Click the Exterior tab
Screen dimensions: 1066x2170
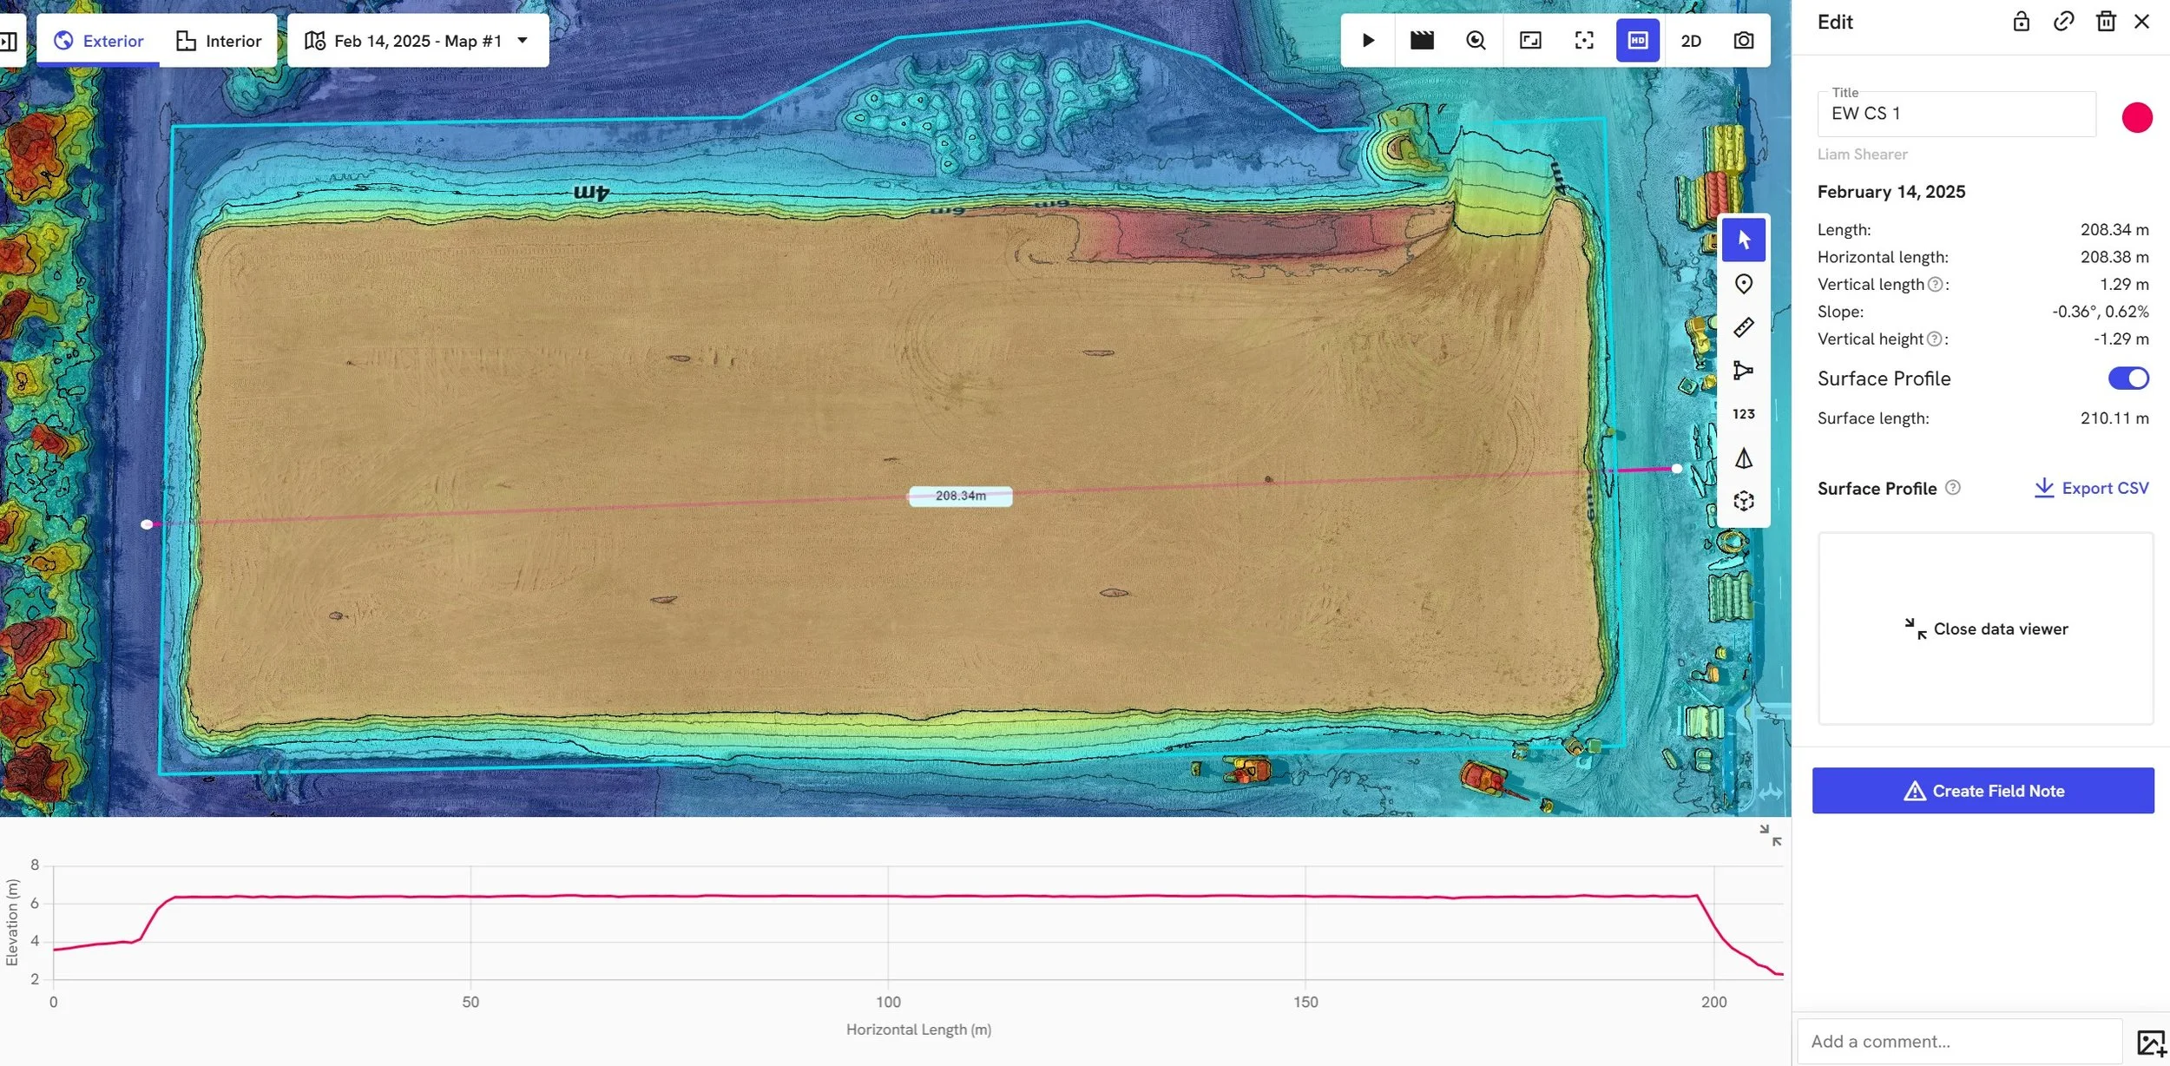click(x=99, y=41)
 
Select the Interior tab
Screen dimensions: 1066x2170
click(x=219, y=41)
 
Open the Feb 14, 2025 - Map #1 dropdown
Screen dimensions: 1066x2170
click(x=418, y=41)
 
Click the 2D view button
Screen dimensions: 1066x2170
click(x=1690, y=41)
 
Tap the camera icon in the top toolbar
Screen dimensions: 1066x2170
click(x=1743, y=41)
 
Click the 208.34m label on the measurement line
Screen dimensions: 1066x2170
click(x=960, y=496)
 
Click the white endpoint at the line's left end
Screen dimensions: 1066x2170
click(x=147, y=524)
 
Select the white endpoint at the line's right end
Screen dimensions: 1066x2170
click(x=1677, y=469)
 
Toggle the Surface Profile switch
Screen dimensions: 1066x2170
click(x=2127, y=378)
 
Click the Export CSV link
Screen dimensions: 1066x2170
click(x=2091, y=488)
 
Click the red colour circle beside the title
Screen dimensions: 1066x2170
click(x=2136, y=117)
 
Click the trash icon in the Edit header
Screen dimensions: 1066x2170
click(x=2105, y=22)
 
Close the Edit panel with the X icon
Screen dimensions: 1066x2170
click(x=2141, y=22)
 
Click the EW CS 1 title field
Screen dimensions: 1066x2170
click(x=1956, y=114)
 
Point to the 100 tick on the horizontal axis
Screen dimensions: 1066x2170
click(x=888, y=1002)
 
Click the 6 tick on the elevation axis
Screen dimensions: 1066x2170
click(x=35, y=903)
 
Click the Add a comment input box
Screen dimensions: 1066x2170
click(x=1958, y=1041)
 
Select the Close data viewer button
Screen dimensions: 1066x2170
click(x=1986, y=628)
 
